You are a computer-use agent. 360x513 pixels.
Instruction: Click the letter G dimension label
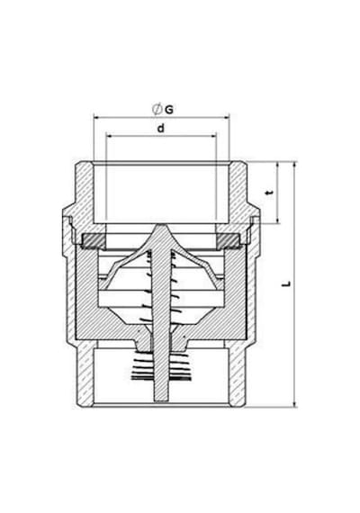point(169,110)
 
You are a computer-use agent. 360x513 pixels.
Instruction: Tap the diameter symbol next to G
point(157,109)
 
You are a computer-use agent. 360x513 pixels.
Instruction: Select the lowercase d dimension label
point(161,128)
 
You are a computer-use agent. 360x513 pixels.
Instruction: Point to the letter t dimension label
point(269,193)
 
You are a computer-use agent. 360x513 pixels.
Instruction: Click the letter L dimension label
point(287,283)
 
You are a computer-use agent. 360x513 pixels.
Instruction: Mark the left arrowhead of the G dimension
point(96,117)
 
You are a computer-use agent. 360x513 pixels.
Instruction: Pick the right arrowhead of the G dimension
point(227,117)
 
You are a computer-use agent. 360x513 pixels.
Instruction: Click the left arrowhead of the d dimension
point(109,135)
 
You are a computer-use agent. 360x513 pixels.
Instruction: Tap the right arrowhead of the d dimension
point(213,135)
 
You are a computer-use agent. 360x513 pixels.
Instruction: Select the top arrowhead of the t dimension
point(278,164)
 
